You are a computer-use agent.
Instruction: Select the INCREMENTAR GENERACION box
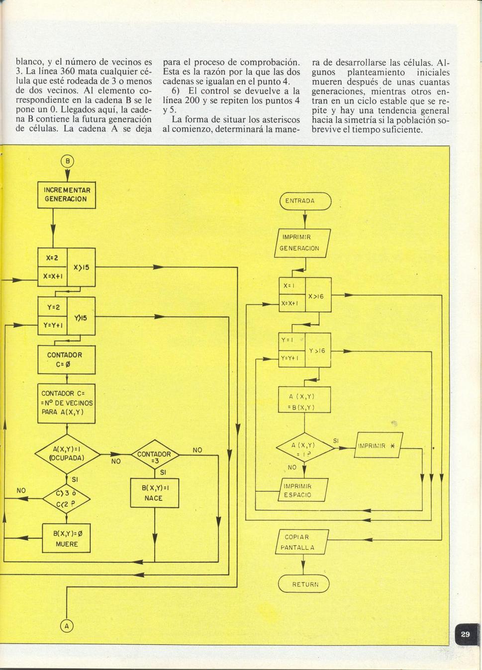[67, 195]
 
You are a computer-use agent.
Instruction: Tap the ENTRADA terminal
[305, 201]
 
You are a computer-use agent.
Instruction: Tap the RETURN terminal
[303, 584]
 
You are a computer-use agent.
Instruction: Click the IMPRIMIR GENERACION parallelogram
[302, 243]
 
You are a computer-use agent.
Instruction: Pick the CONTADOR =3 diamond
[155, 454]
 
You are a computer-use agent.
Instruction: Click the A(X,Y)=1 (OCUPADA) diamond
[67, 454]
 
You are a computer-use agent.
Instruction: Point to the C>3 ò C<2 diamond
[67, 499]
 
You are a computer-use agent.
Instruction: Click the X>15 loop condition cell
[82, 267]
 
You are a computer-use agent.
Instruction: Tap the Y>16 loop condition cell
[318, 350]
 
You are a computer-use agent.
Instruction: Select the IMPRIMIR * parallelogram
[379, 445]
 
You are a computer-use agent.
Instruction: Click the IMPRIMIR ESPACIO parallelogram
[302, 490]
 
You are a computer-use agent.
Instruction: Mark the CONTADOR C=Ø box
[67, 360]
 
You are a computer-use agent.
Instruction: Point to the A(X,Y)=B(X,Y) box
[304, 400]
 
